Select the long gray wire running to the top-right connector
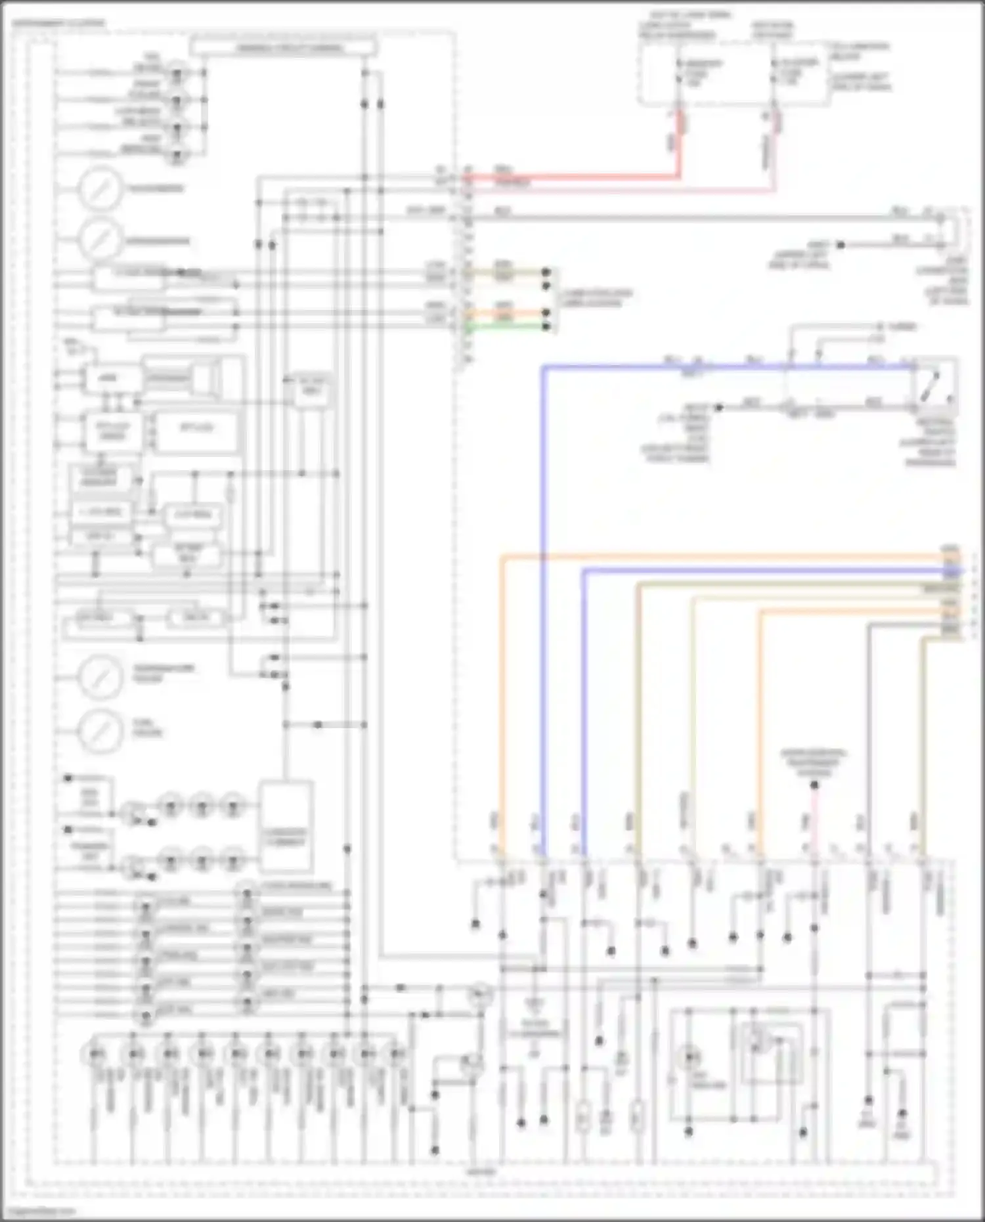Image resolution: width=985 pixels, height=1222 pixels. click(x=689, y=217)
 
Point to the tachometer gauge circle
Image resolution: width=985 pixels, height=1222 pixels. click(x=100, y=188)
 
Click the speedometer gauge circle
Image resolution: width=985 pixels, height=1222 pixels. click(x=100, y=240)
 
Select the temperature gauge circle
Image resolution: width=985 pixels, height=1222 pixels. click(x=100, y=676)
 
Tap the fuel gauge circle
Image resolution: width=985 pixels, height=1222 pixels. click(x=100, y=730)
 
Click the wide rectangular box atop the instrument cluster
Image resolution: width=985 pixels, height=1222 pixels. click(x=283, y=47)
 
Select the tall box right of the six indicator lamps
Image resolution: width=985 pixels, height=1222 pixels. click(x=285, y=825)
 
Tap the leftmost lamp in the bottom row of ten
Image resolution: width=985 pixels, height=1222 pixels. click(x=96, y=1055)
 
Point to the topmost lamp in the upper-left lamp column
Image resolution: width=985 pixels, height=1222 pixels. click(x=176, y=72)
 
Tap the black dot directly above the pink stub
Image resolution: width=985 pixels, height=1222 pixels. click(x=814, y=785)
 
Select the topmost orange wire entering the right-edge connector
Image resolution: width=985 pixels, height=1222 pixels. click(x=722, y=558)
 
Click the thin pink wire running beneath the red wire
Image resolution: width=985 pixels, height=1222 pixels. click(x=624, y=191)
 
